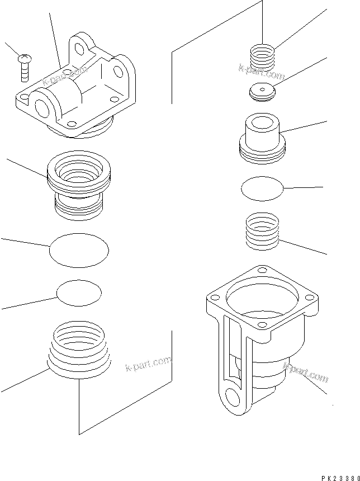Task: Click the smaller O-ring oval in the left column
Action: [x=79, y=294]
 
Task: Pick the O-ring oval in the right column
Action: [x=262, y=188]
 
